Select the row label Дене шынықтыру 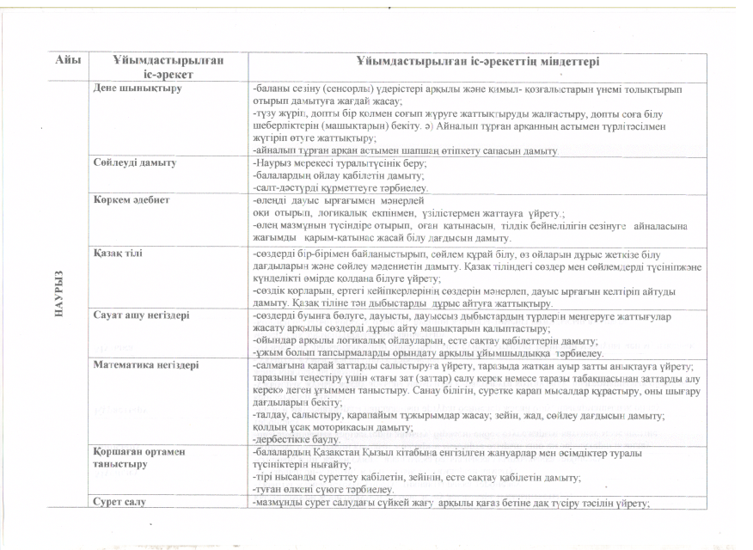[x=132, y=88]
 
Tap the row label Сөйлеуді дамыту [x=134, y=162]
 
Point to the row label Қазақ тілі [x=117, y=254]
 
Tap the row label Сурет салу [x=119, y=501]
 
